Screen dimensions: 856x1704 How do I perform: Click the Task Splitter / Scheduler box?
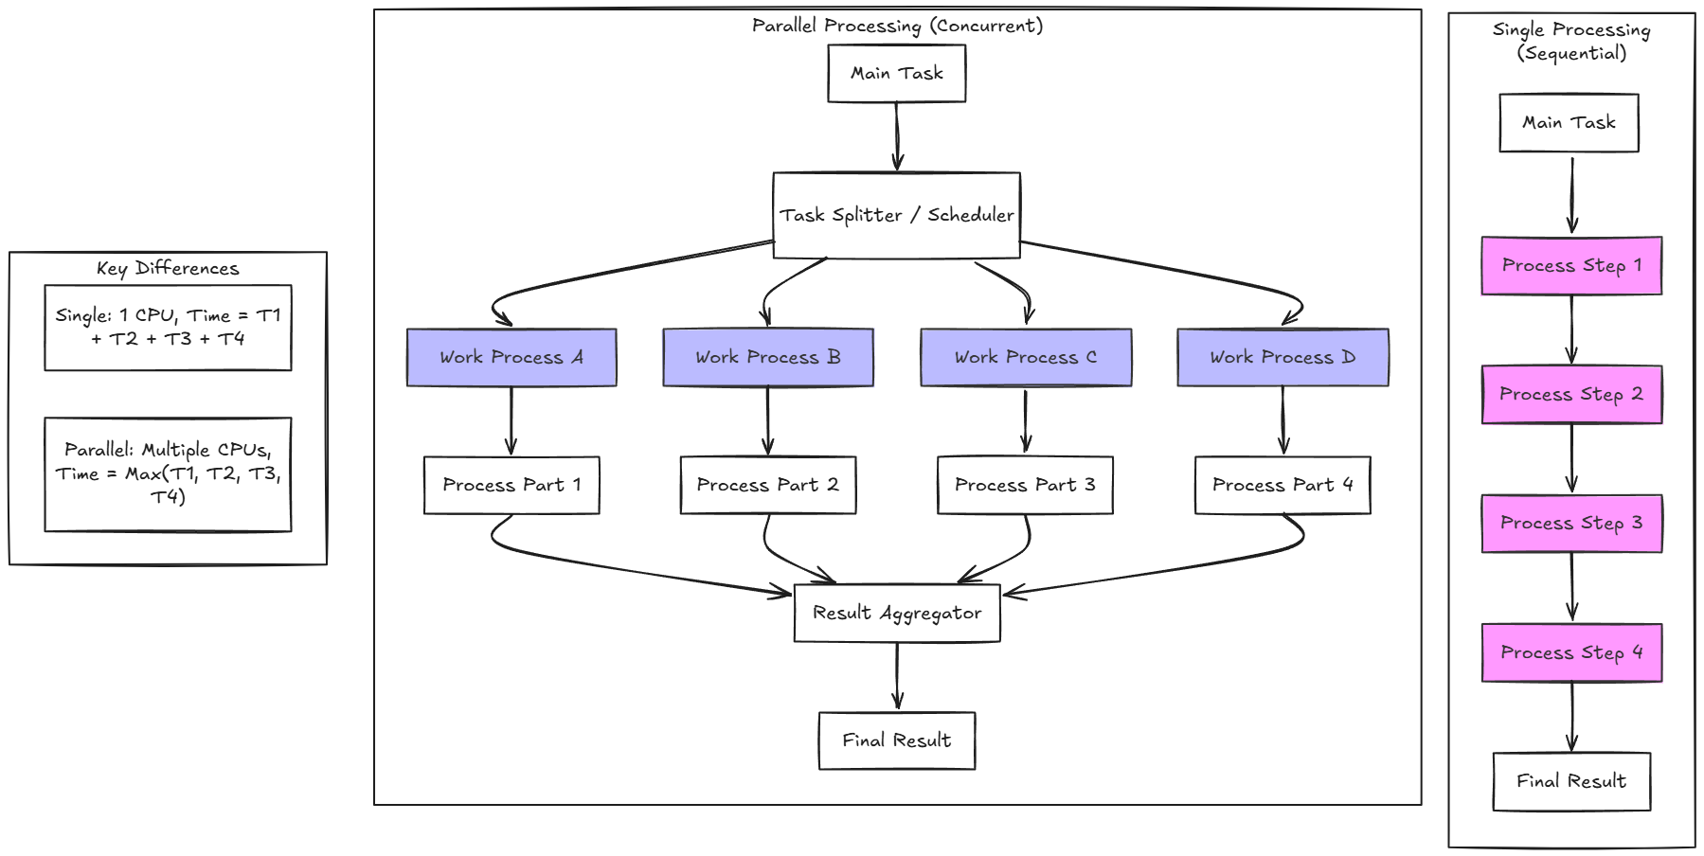(896, 215)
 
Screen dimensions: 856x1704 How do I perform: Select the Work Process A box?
(511, 357)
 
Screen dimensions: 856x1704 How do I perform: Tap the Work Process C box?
(1026, 357)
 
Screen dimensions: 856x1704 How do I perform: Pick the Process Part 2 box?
(767, 485)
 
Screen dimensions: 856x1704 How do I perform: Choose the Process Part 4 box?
(1282, 485)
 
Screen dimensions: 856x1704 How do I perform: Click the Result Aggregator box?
(897, 613)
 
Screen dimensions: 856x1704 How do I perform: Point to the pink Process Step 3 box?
(1571, 523)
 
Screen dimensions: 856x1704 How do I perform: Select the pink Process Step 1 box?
(1571, 265)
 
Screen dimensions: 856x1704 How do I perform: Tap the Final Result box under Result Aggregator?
(896, 740)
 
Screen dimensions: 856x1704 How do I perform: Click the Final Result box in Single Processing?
(1571, 781)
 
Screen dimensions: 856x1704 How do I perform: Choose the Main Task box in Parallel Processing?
(896, 73)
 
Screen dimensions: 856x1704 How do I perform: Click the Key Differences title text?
(168, 268)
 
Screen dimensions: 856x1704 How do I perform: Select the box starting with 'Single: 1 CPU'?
(168, 328)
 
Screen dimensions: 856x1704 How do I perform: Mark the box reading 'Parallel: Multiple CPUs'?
(168, 473)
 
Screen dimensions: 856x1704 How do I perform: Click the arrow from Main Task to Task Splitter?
(897, 136)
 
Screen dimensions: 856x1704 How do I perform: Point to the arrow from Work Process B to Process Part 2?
(767, 420)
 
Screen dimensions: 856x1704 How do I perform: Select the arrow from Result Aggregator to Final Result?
(897, 676)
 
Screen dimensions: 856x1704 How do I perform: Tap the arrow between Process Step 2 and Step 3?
(1571, 458)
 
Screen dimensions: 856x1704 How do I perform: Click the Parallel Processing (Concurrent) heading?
(897, 26)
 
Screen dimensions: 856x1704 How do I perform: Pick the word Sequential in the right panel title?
(1572, 53)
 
